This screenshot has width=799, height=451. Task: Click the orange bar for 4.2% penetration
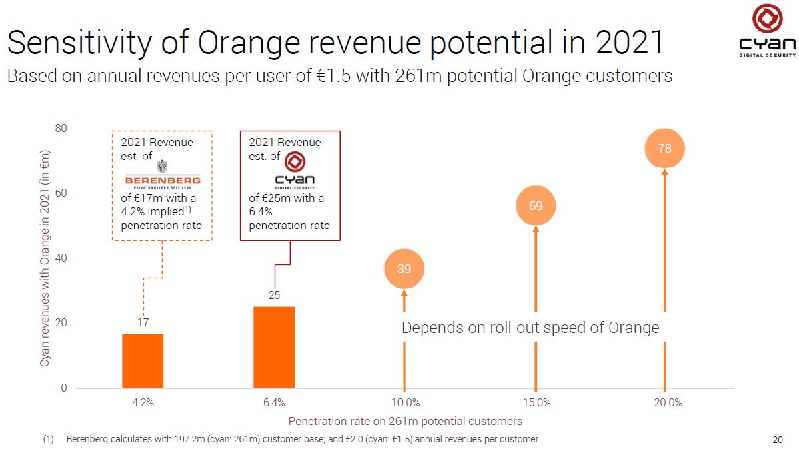pyautogui.click(x=143, y=360)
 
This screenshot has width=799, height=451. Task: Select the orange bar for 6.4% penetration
pyautogui.click(x=274, y=347)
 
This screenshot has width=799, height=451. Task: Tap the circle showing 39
pyautogui.click(x=404, y=269)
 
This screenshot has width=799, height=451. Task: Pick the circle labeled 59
pyautogui.click(x=536, y=206)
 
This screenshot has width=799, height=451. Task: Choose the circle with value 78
pyautogui.click(x=664, y=149)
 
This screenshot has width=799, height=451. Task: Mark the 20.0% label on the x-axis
pyautogui.click(x=668, y=402)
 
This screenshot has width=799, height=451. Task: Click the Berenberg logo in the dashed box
pyautogui.click(x=163, y=177)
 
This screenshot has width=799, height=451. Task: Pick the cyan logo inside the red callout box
pyautogui.click(x=295, y=171)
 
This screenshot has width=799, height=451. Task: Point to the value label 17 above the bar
pyautogui.click(x=143, y=323)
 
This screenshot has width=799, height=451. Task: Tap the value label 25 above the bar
pyautogui.click(x=274, y=295)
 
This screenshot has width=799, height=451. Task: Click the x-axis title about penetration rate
pyautogui.click(x=405, y=421)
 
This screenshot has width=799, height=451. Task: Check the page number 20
pyautogui.click(x=777, y=440)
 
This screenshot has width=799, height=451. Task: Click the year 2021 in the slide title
pyautogui.click(x=630, y=43)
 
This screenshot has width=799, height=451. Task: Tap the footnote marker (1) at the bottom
pyautogui.click(x=48, y=440)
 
